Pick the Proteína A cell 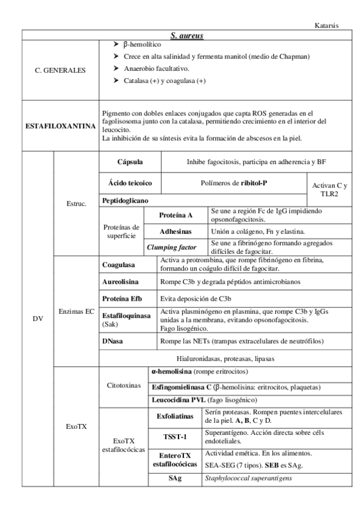point(176,214)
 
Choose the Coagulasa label point(118,264)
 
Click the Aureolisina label point(121,281)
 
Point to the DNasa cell point(113,342)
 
